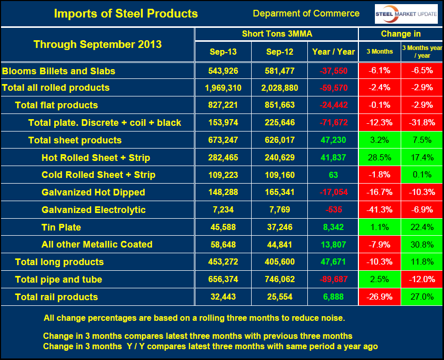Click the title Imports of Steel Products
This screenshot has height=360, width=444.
126,13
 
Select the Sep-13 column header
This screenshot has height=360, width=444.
223,52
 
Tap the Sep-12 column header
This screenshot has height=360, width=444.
279,52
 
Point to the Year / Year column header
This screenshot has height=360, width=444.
333,52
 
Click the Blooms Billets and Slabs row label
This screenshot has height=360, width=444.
59,71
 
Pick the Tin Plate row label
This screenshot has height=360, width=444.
61,227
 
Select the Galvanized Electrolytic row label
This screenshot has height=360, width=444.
93,210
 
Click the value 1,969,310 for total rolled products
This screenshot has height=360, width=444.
223,88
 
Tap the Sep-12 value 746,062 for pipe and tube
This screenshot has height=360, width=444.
279,280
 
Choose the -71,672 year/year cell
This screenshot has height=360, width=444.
333,123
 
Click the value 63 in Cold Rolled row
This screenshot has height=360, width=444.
333,175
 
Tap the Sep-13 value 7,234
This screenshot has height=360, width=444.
223,210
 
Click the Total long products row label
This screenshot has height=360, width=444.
59,262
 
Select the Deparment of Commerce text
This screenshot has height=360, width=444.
306,13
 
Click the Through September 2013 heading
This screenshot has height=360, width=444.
97,44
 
